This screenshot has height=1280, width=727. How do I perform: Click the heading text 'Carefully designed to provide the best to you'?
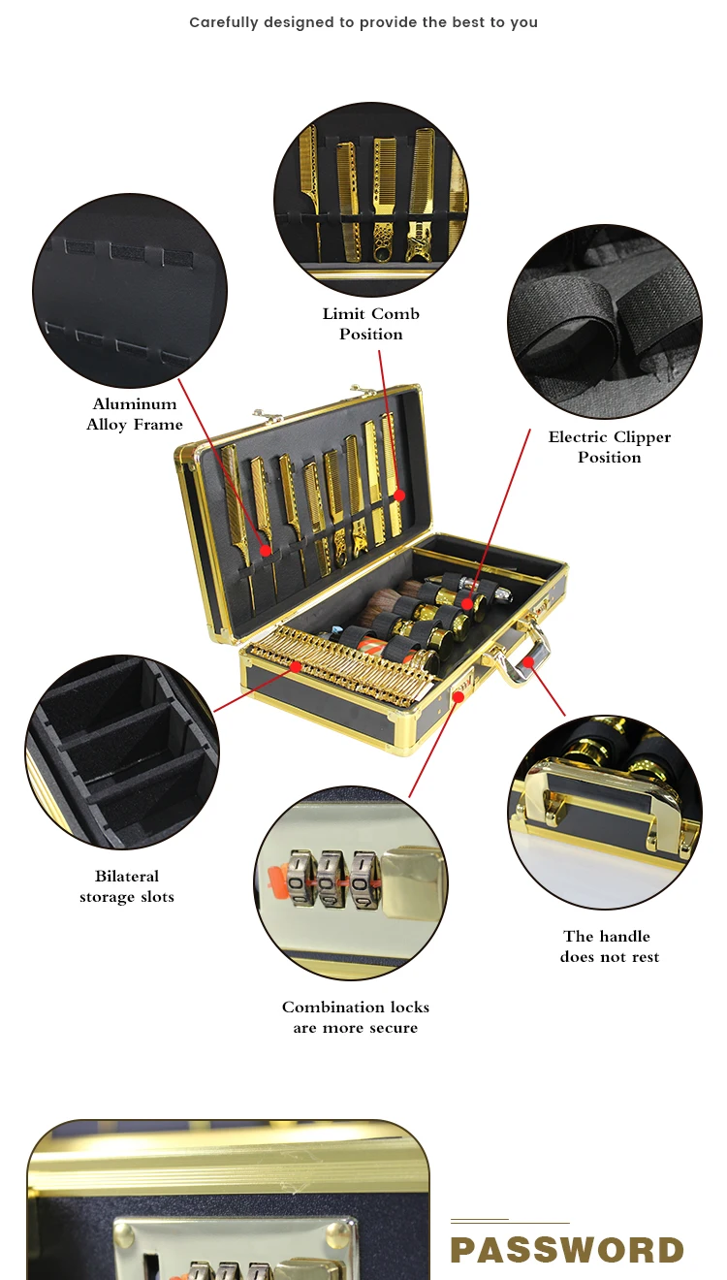click(363, 22)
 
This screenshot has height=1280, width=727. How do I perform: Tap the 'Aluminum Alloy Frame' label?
click(135, 414)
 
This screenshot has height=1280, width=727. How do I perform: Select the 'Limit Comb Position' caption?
click(371, 324)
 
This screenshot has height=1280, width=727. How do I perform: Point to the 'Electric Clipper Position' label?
click(610, 447)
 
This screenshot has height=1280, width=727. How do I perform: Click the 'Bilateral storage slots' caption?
click(127, 886)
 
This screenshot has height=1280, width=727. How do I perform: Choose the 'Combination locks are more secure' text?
click(356, 1017)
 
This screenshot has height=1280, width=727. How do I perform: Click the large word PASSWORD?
click(567, 1250)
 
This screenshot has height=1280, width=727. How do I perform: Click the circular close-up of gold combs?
click(371, 199)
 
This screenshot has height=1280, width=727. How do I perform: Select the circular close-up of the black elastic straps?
click(605, 322)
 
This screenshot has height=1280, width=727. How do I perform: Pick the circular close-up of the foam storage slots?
click(122, 752)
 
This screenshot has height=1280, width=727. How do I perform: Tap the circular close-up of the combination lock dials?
click(351, 882)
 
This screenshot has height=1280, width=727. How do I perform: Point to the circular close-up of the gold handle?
click(605, 812)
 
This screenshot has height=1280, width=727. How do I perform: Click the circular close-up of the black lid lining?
click(130, 291)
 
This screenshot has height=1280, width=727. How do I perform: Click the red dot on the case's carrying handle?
click(528, 663)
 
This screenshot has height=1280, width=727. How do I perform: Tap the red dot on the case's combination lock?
click(458, 695)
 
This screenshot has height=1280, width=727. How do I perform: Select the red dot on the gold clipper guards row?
click(297, 666)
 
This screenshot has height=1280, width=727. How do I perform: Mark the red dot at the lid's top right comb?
click(398, 495)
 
